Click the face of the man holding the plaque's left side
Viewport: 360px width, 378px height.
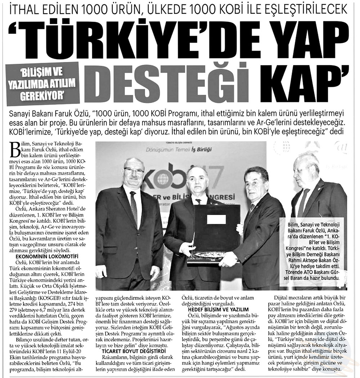click(x=197, y=180)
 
